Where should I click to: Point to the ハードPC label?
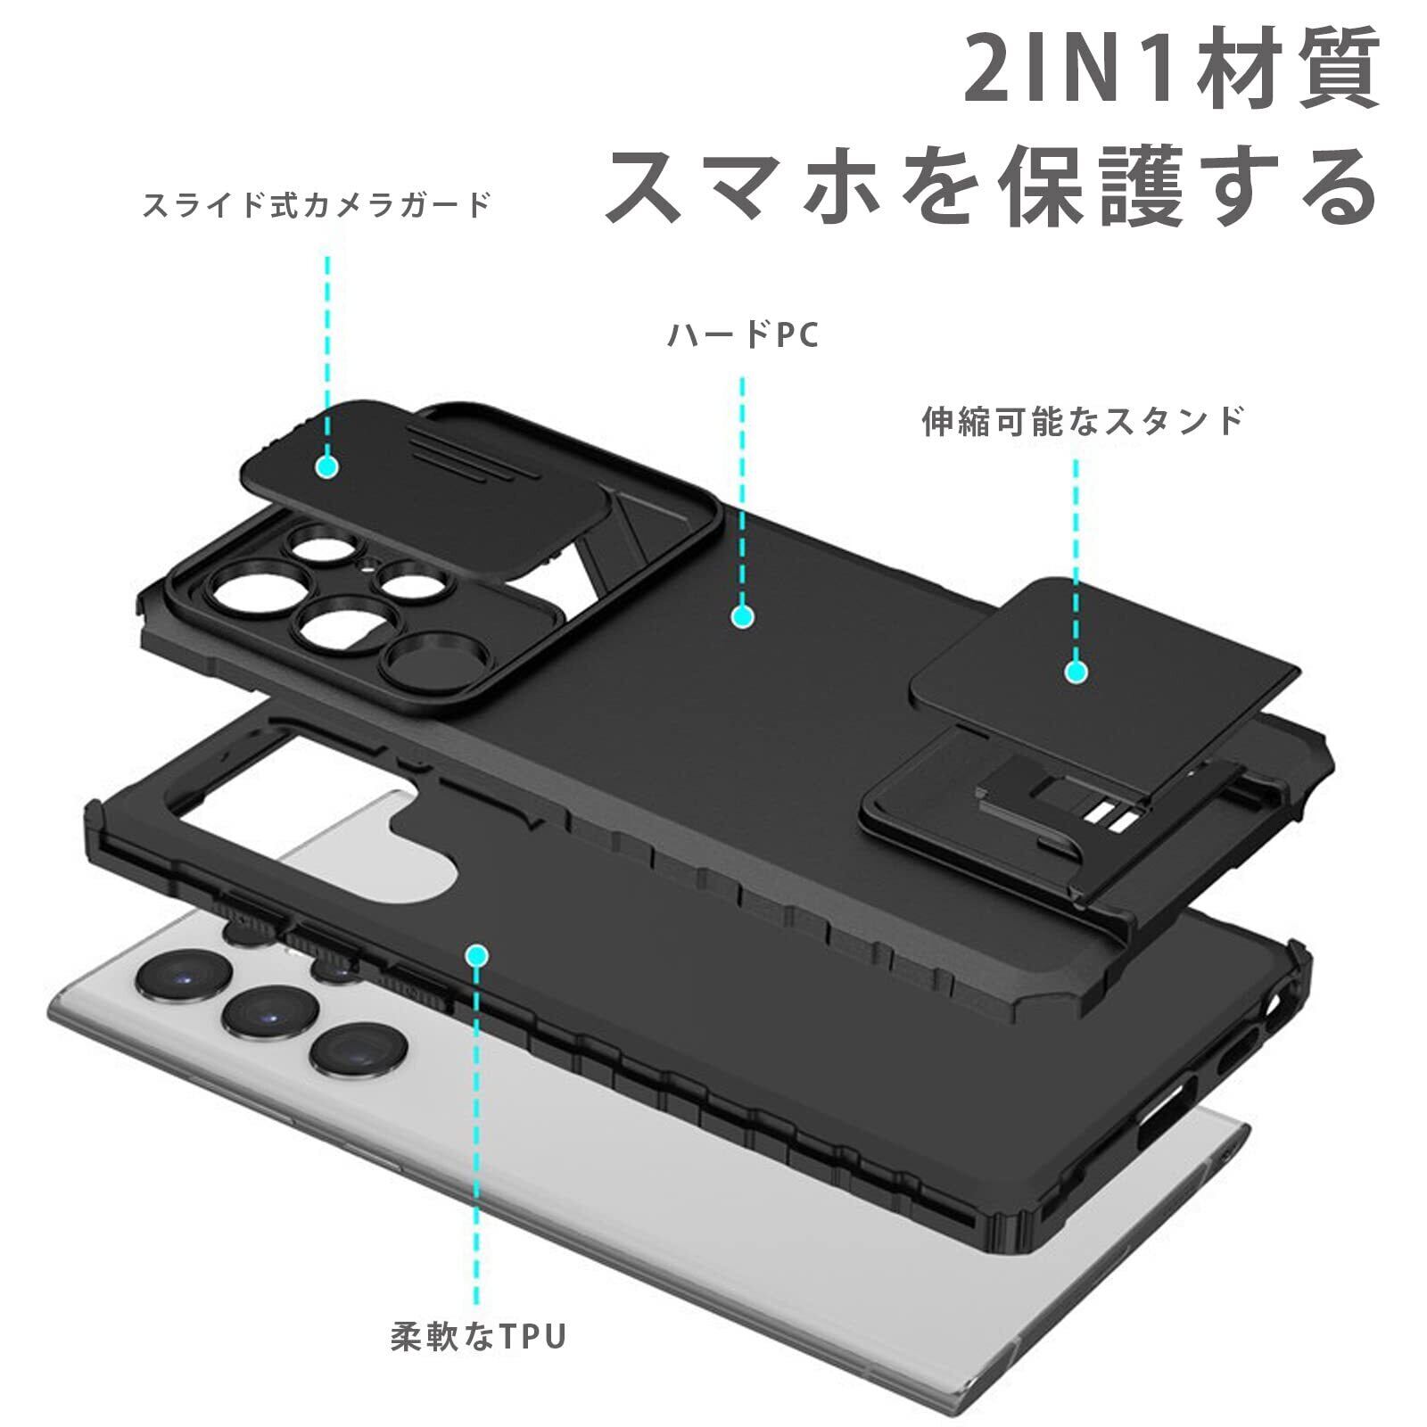743,336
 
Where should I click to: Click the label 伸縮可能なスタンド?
1082,420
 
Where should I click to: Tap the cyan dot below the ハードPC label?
742,615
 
